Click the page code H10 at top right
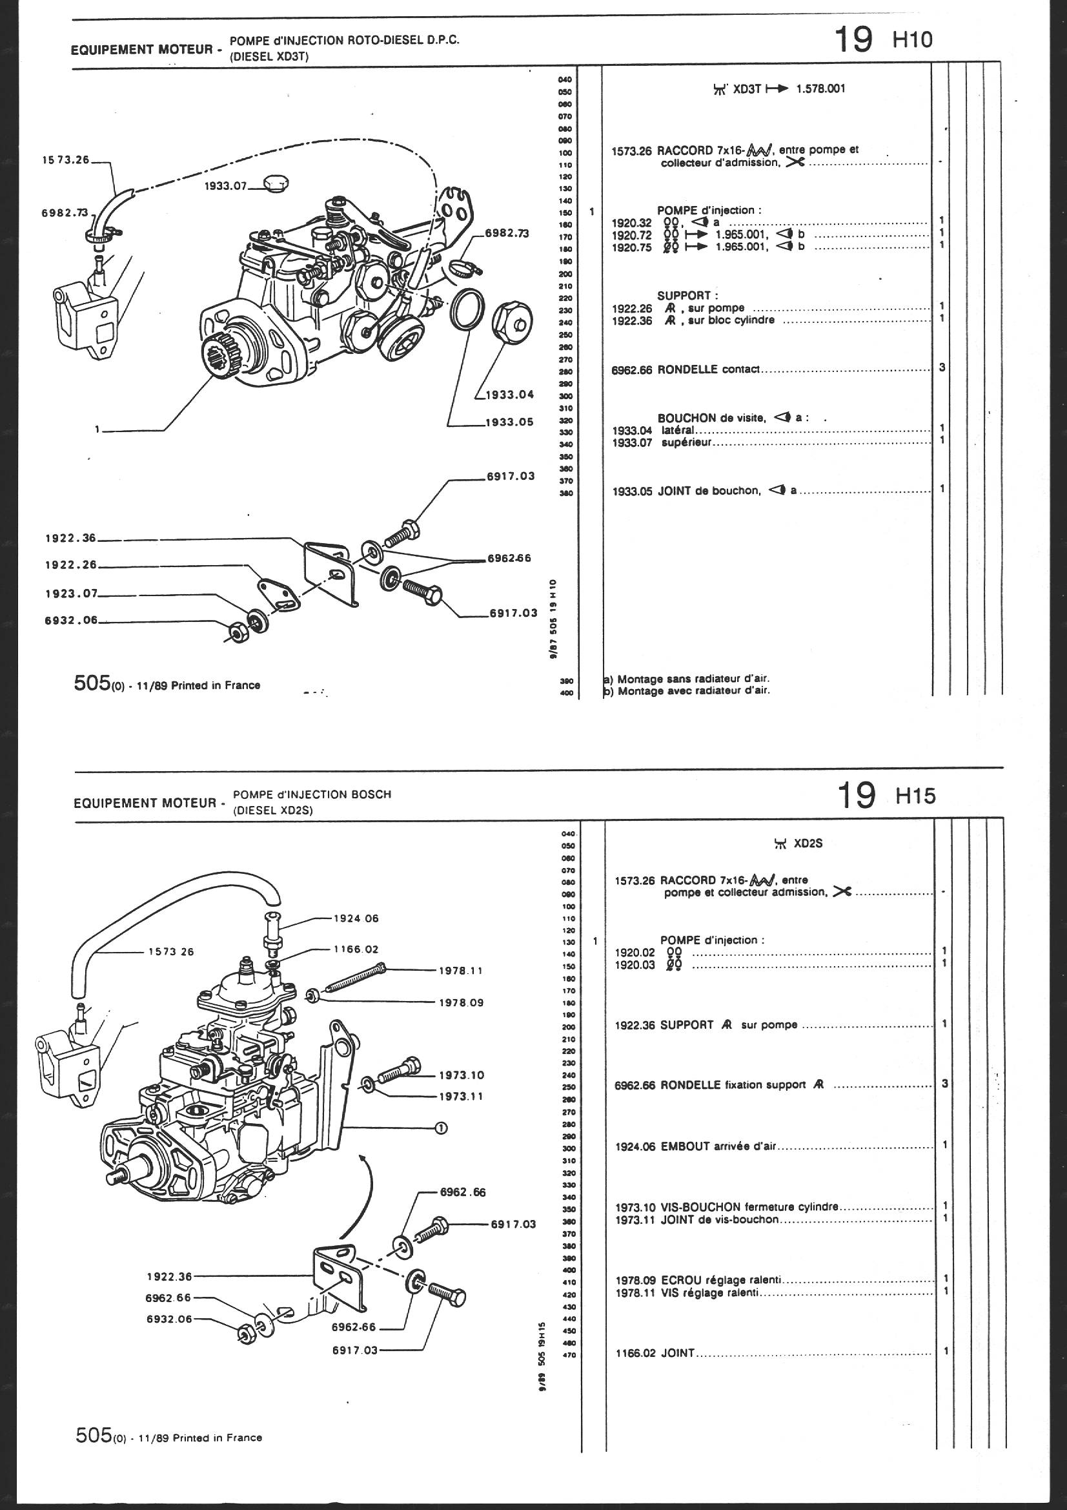pos(913,40)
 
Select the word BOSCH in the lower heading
pos(371,794)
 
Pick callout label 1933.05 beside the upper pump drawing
pos(509,422)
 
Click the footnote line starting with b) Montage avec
pos(687,690)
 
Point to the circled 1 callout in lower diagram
pos(441,1128)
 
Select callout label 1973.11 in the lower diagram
pos(462,1096)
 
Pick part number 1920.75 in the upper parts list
pos(631,247)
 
